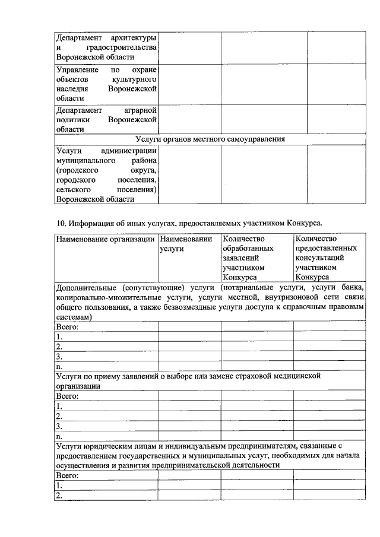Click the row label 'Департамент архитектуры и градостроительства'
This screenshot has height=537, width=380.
[106, 47]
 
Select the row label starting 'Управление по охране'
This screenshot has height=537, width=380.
[106, 84]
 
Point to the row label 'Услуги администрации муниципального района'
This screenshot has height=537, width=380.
[106, 175]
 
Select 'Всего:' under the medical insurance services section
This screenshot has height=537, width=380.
[67, 396]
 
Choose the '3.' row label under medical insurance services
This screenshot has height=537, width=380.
[59, 426]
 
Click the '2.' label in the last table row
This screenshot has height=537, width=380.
[59, 495]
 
